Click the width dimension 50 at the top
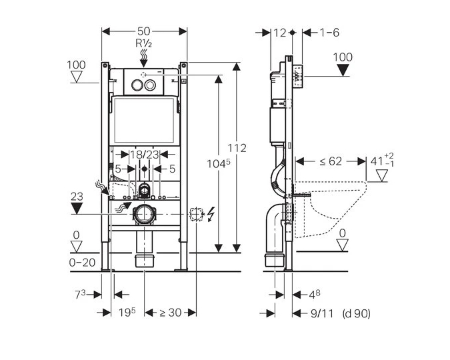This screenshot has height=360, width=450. pyautogui.click(x=144, y=31)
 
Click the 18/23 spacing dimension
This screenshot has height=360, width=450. pyautogui.click(x=145, y=155)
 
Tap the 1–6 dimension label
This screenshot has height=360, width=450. pyautogui.click(x=329, y=32)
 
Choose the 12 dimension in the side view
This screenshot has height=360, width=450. pyautogui.click(x=279, y=32)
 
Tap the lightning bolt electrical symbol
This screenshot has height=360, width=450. pyautogui.click(x=211, y=215)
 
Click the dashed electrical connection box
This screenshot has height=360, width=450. pyautogui.click(x=196, y=215)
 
